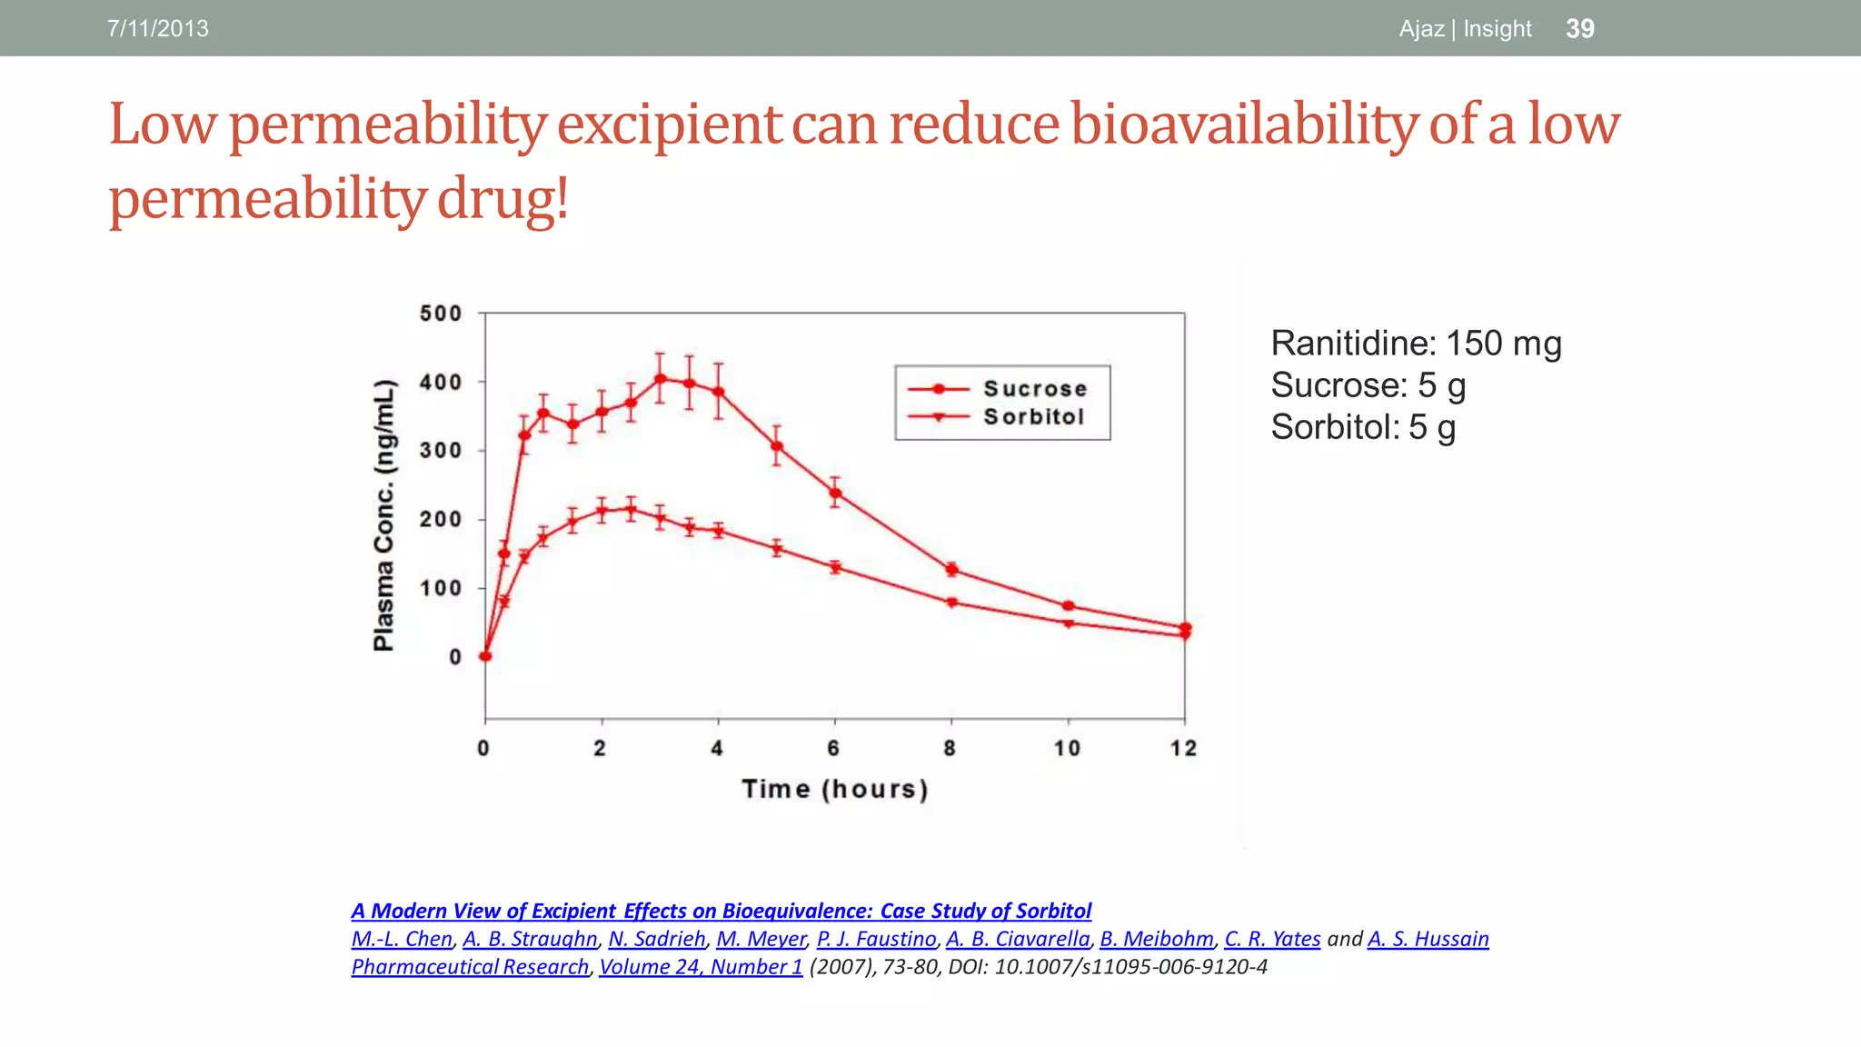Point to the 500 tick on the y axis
441,314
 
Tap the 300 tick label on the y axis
441,451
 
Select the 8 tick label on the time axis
950,748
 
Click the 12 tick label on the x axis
1183,748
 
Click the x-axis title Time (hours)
835,788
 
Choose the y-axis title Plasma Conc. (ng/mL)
384,514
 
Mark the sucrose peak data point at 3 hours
661,379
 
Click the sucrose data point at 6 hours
835,494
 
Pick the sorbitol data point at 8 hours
951,603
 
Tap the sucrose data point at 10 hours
1069,606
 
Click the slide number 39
1579,28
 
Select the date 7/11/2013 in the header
158,28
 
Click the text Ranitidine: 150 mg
1416,344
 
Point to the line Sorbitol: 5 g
1363,427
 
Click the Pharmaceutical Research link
470,967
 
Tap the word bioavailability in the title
1243,124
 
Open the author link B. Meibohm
1156,939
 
